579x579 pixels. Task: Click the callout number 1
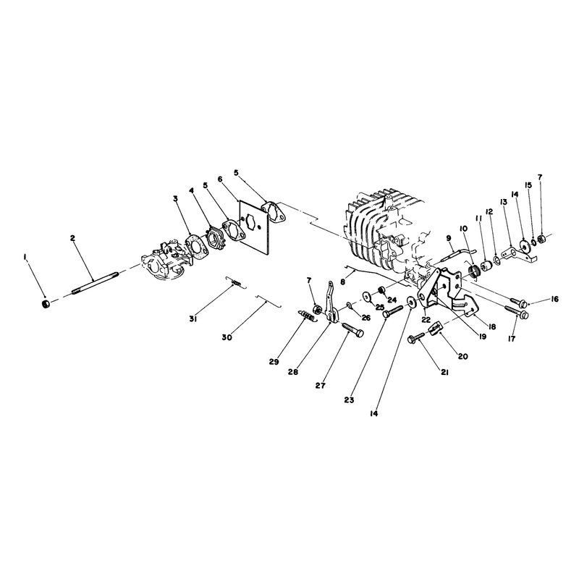click(x=25, y=257)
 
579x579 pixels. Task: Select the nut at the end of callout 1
click(x=46, y=303)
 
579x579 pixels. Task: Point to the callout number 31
click(x=193, y=318)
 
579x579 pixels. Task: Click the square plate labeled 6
click(x=255, y=227)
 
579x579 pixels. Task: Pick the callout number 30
click(x=227, y=337)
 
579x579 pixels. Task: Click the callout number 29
click(x=274, y=362)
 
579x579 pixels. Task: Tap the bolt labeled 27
click(x=353, y=329)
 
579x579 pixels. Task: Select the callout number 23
click(x=349, y=400)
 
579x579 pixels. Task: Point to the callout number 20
click(x=462, y=356)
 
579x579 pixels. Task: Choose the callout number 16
click(x=554, y=299)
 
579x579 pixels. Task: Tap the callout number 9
click(x=449, y=238)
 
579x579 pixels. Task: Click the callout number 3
click(x=175, y=198)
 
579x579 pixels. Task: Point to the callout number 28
click(x=293, y=372)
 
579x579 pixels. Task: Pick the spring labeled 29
click(x=306, y=316)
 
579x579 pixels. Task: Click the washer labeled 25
click(x=368, y=297)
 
